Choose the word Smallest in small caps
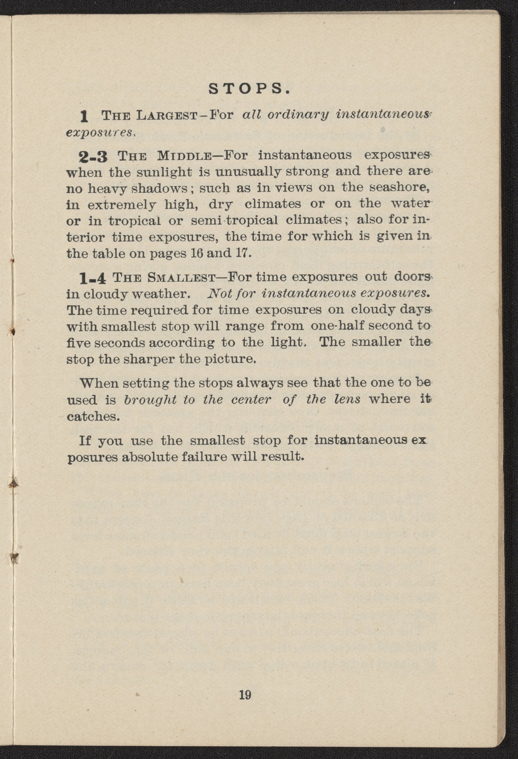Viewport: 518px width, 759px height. click(181, 278)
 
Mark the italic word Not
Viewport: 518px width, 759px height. click(219, 294)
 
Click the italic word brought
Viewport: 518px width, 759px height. click(150, 399)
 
